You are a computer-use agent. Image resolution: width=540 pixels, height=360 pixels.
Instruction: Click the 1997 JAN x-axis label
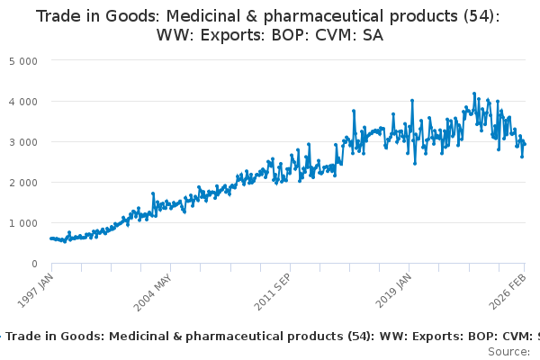(x=35, y=287)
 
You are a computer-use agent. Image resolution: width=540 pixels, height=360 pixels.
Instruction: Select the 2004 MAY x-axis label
(x=154, y=289)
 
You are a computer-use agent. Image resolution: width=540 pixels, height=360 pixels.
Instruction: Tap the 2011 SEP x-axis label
(x=273, y=289)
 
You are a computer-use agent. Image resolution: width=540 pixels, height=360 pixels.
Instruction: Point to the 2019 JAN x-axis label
(x=392, y=288)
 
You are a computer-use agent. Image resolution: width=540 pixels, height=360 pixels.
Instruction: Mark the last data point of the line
(x=525, y=144)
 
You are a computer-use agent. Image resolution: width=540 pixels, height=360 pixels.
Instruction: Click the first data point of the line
(x=51, y=238)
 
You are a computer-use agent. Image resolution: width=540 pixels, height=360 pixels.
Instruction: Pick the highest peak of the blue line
(x=474, y=93)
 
